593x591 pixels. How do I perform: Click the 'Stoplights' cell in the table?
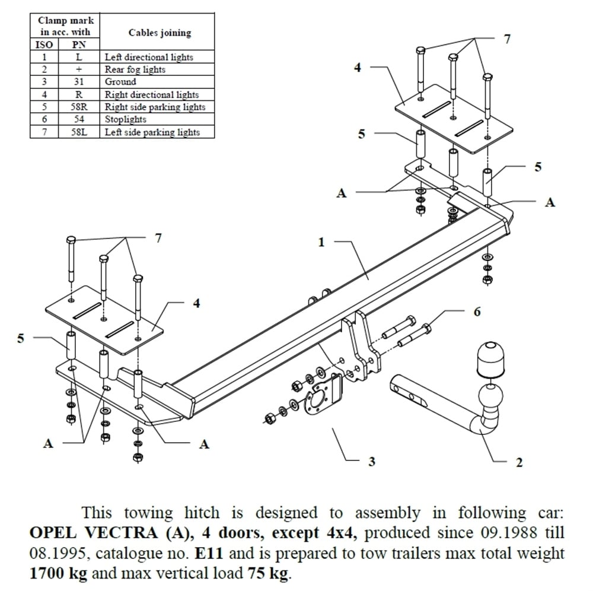(x=125, y=119)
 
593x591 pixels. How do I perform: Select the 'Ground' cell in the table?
(x=120, y=82)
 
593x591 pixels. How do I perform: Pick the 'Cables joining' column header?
(x=160, y=33)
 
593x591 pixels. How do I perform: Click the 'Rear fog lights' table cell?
(x=135, y=69)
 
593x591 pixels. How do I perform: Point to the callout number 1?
(x=321, y=242)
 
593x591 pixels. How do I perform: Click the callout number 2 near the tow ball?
(x=519, y=462)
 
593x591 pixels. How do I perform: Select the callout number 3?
(x=371, y=461)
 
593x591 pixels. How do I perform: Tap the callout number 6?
(x=477, y=312)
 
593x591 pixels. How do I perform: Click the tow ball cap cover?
(x=489, y=359)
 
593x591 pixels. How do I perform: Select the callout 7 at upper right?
(x=507, y=39)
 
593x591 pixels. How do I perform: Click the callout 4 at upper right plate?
(x=357, y=68)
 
